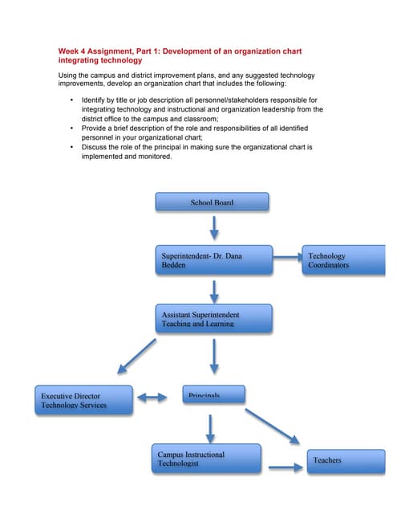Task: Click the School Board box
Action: [212, 202]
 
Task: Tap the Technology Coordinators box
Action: [343, 260]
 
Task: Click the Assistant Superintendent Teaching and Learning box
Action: [213, 318]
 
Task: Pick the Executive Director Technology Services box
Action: [83, 400]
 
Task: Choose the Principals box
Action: [213, 394]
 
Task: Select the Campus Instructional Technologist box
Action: [208, 458]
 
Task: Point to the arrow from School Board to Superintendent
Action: [214, 228]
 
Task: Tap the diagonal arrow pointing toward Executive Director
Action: [136, 356]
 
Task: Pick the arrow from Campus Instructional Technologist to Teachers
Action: [283, 467]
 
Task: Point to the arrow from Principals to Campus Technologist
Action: [210, 429]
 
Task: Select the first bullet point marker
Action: [72, 100]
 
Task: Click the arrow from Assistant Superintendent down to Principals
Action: [214, 356]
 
